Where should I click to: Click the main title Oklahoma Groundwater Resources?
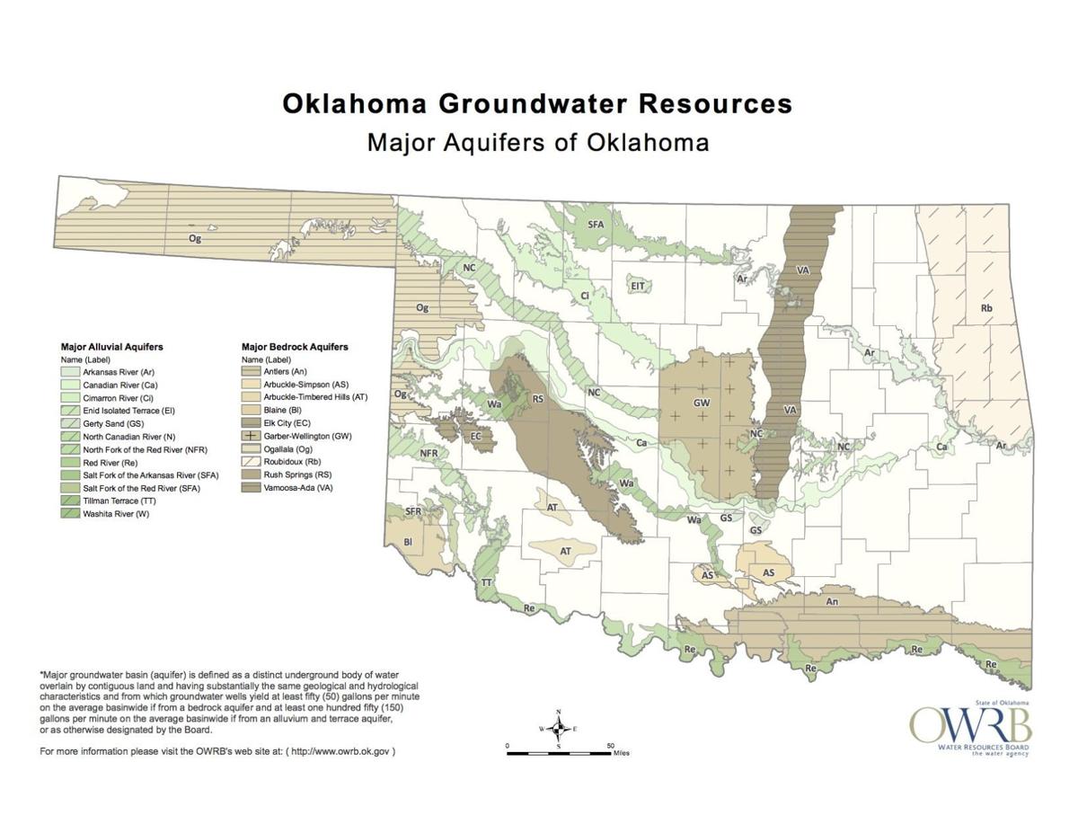coord(537,103)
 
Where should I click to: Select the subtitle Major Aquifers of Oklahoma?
coord(537,142)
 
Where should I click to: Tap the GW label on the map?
coord(702,403)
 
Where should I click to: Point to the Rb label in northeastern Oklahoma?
coord(985,308)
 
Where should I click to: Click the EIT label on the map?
coord(638,286)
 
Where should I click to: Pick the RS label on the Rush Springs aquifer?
coord(538,399)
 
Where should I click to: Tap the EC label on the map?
coord(477,437)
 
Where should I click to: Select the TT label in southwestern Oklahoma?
coord(486,582)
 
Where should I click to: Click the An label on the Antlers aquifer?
coord(832,601)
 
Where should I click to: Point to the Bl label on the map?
coord(408,542)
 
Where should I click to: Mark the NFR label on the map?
coord(429,454)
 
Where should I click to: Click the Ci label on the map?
coord(585,295)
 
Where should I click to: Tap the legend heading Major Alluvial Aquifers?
coord(111,346)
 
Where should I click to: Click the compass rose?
coord(559,728)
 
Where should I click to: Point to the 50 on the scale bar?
coord(610,746)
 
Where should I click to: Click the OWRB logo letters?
coord(970,724)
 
